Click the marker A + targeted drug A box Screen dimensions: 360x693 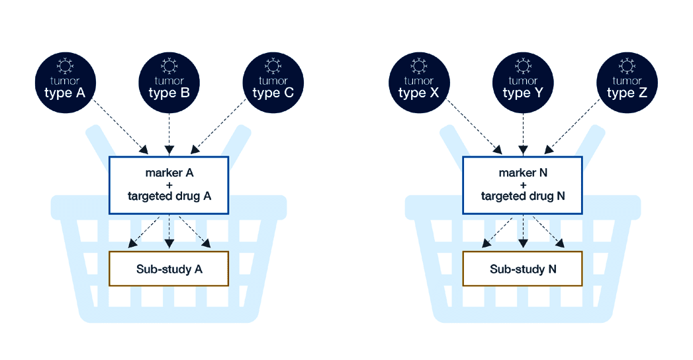169,185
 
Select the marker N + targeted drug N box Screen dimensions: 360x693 522,185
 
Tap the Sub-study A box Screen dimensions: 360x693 169,269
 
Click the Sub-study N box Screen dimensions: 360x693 522,269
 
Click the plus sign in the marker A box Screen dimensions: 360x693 169,185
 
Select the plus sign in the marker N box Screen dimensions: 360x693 522,185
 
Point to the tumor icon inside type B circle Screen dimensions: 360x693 169,66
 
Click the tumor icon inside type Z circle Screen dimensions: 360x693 627,66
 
